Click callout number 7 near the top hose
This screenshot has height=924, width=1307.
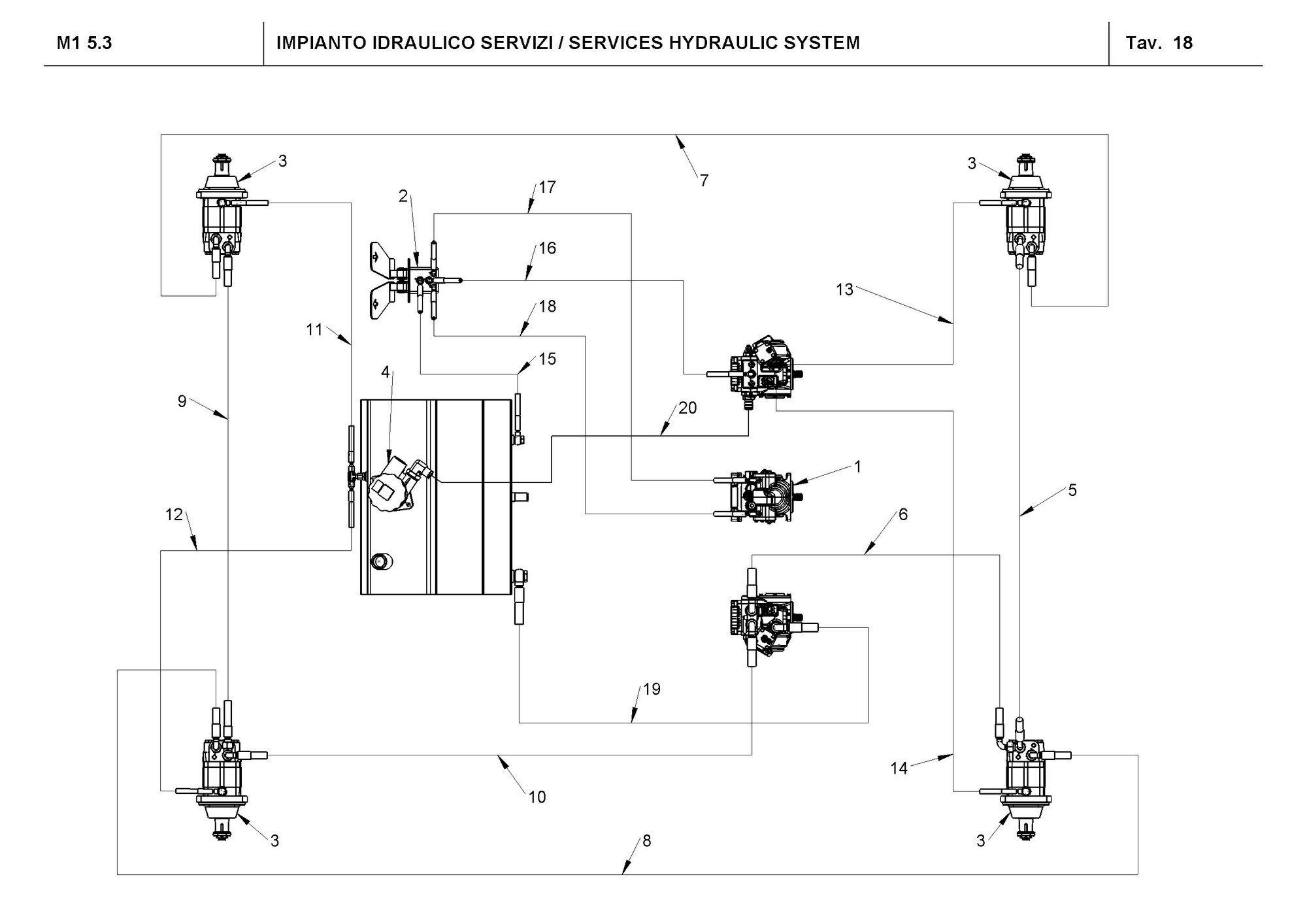pyautogui.click(x=704, y=180)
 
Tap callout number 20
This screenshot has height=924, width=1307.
pyautogui.click(x=687, y=408)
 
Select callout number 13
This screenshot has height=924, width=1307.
pyautogui.click(x=844, y=289)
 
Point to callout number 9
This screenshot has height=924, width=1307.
pyautogui.click(x=182, y=401)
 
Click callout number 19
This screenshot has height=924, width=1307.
pyautogui.click(x=652, y=689)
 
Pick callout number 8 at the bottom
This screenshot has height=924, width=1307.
pyautogui.click(x=646, y=840)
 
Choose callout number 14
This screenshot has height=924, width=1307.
pyautogui.click(x=899, y=768)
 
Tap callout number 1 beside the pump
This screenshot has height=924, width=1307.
pyautogui.click(x=857, y=467)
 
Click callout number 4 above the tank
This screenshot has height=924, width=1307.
pyautogui.click(x=385, y=372)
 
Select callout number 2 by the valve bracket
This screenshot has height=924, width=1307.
pyautogui.click(x=403, y=195)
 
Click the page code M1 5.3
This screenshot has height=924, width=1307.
pyautogui.click(x=84, y=43)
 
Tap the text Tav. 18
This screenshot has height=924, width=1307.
pyautogui.click(x=1159, y=43)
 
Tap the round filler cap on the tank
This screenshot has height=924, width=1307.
pyautogui.click(x=379, y=560)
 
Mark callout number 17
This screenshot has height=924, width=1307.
pyautogui.click(x=547, y=187)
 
